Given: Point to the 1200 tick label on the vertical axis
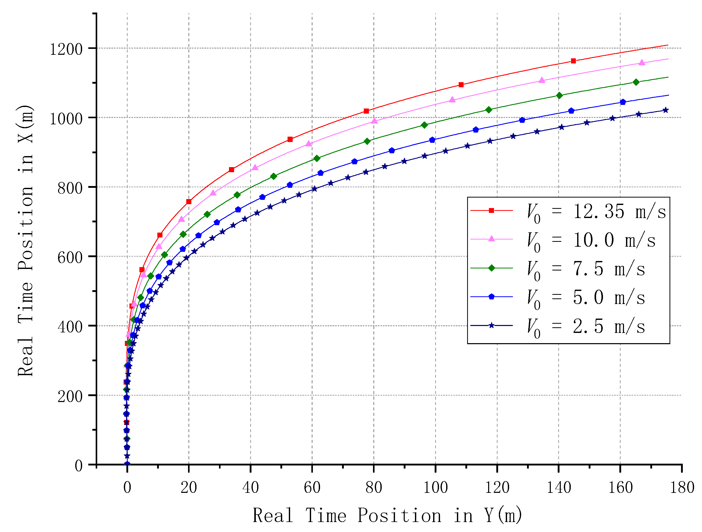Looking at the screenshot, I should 66,49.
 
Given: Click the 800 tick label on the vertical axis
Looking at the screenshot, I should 70,188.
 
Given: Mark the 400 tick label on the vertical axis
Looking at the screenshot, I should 70,327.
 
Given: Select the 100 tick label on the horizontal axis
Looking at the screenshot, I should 435,487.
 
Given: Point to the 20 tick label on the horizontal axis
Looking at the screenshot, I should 189,487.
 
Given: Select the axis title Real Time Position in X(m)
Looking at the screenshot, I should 25,240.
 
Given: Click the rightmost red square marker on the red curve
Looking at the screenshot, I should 573,61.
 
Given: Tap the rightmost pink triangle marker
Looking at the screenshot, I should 642,62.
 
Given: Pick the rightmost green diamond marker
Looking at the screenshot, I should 636,82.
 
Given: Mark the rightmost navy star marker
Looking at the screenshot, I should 665,110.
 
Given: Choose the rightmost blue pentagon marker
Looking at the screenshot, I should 623,102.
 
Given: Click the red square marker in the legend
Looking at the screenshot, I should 491,210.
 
